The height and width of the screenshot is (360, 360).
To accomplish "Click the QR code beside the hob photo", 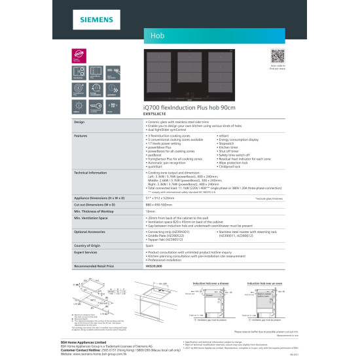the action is click(x=278, y=55).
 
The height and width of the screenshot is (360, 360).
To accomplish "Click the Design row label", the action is click(x=79, y=122).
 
